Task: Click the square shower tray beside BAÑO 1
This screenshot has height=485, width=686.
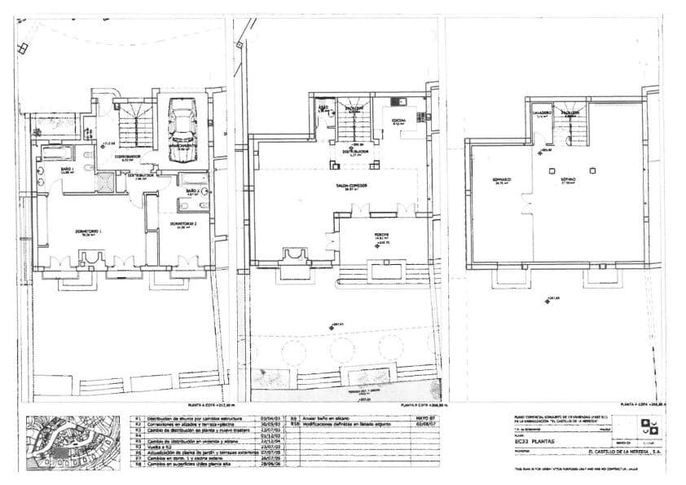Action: (105, 181)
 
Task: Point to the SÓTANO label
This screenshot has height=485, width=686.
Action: (567, 179)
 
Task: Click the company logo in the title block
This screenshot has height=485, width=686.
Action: (649, 425)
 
